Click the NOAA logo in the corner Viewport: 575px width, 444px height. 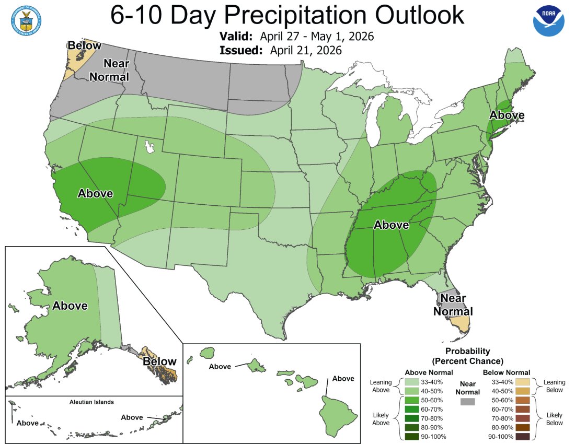[549, 21]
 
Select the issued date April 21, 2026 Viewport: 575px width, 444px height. [306, 51]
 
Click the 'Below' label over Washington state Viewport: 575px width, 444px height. [84, 46]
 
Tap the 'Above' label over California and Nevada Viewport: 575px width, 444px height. [95, 194]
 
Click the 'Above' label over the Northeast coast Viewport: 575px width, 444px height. [507, 115]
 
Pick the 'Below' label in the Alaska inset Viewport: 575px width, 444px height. [159, 361]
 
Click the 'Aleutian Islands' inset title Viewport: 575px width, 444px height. [91, 402]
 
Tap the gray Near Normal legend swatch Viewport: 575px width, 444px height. [468, 402]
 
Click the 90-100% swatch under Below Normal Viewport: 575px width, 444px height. [523, 436]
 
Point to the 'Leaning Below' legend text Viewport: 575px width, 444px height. [555, 386]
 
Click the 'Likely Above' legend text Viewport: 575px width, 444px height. [381, 418]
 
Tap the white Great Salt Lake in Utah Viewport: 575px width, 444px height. [151, 146]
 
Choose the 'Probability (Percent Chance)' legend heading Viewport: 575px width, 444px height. [467, 356]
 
